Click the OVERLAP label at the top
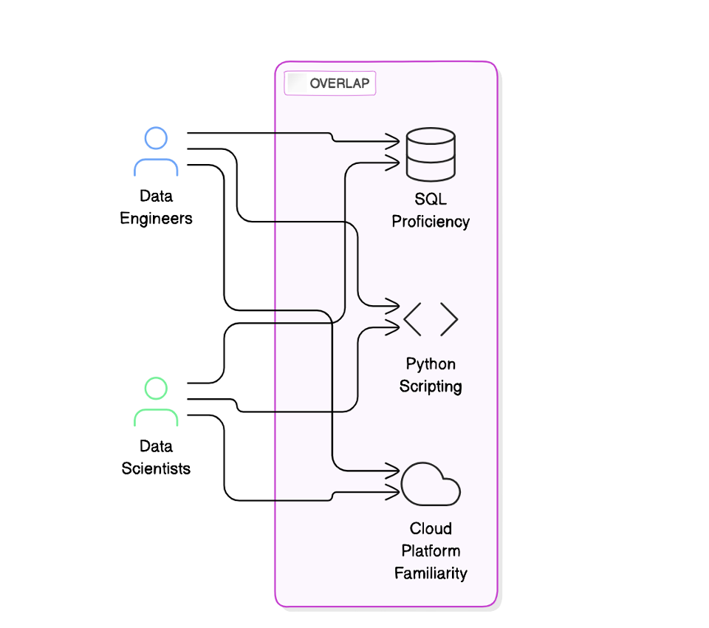click(x=339, y=83)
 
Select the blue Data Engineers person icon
click(x=156, y=152)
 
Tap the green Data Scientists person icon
click(x=156, y=402)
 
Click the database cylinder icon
click(x=431, y=154)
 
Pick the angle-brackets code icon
click(x=431, y=319)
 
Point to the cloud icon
click(x=431, y=484)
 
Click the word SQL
click(x=431, y=199)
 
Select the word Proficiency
click(x=431, y=222)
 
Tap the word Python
click(x=431, y=364)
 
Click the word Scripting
click(x=431, y=386)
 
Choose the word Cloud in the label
click(x=431, y=529)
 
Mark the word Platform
click(x=431, y=551)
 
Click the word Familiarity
click(x=431, y=573)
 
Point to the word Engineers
click(x=156, y=219)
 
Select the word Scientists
click(x=156, y=468)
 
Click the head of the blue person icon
click(x=156, y=138)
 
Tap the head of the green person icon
click(x=156, y=388)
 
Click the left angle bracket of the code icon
click(x=412, y=319)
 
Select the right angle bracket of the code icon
click(x=449, y=319)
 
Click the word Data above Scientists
click(x=156, y=446)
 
